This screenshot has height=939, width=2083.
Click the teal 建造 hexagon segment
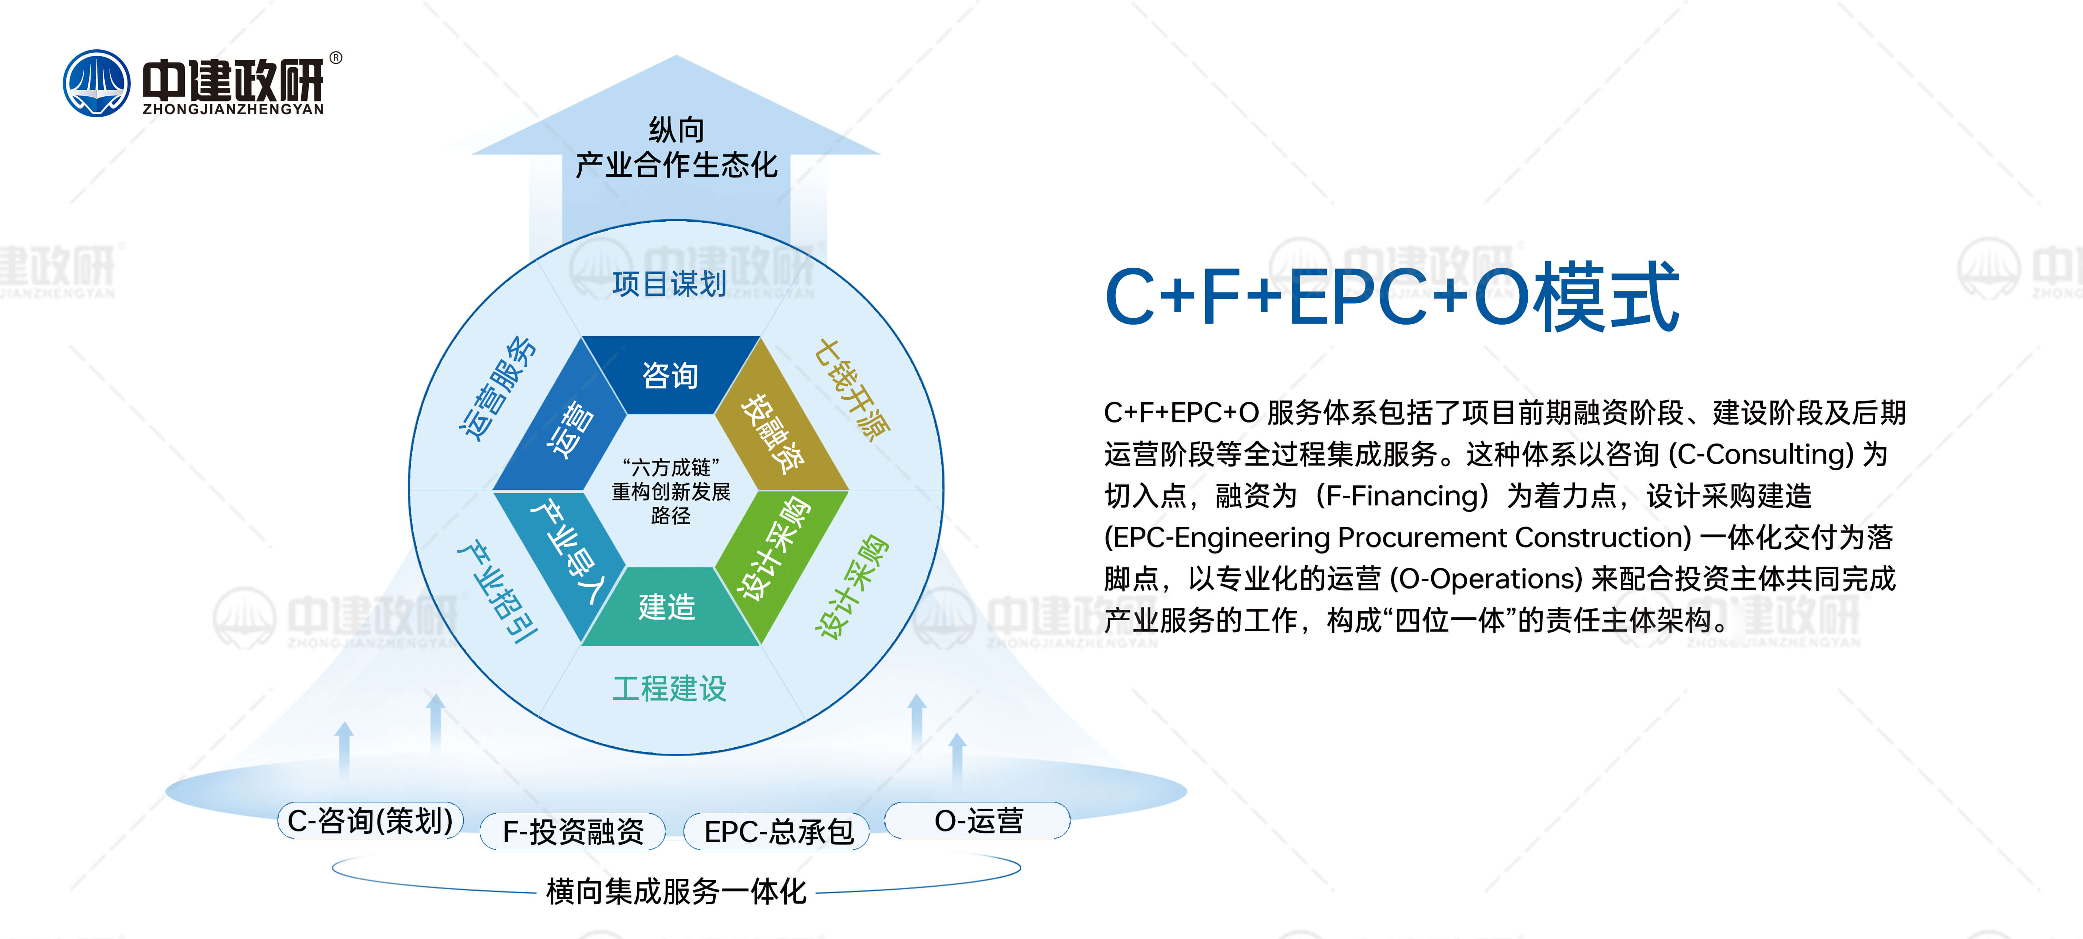[x=670, y=606]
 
